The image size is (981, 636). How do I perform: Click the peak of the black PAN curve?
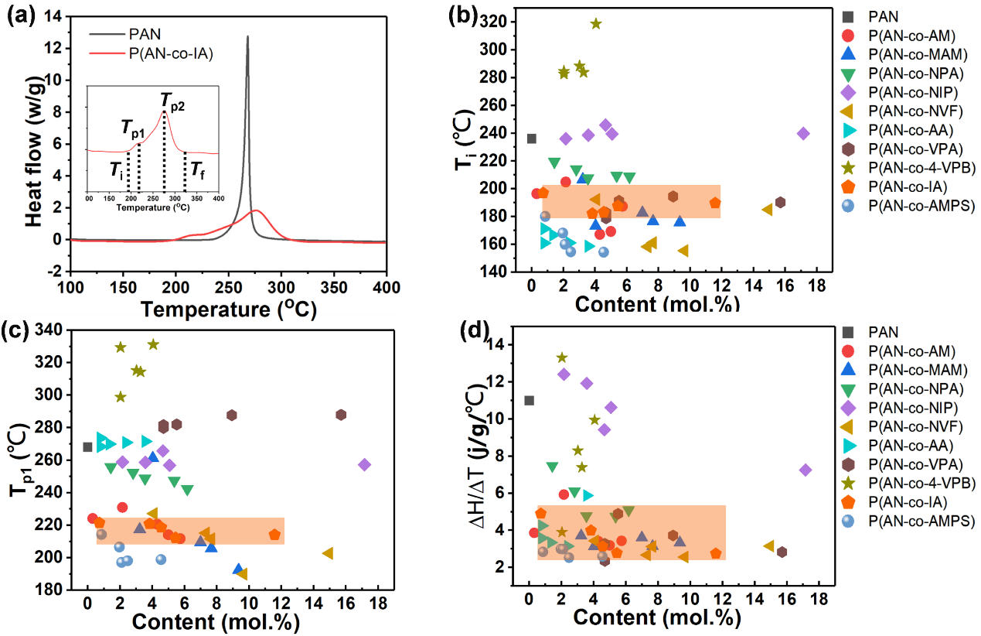click(247, 36)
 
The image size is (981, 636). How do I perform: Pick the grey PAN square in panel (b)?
click(532, 138)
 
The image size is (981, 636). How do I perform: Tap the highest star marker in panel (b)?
click(596, 23)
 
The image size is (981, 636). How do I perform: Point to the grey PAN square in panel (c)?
click(87, 447)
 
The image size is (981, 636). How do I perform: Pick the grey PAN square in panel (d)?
click(529, 400)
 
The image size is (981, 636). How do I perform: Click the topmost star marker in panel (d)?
click(562, 357)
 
